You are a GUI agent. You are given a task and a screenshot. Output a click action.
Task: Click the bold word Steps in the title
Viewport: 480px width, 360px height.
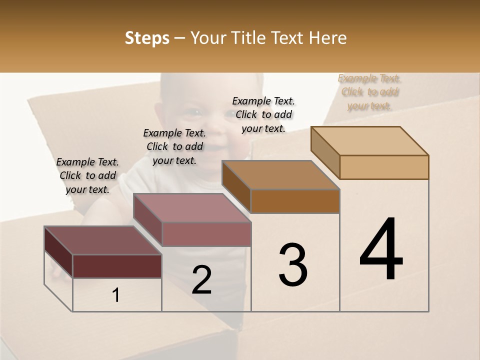[147, 38]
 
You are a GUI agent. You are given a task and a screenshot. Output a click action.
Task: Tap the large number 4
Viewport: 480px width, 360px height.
[381, 250]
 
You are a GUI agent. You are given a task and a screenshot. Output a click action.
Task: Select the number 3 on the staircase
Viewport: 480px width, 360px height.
[293, 265]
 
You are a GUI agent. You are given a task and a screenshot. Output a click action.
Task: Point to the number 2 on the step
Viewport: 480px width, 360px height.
[201, 280]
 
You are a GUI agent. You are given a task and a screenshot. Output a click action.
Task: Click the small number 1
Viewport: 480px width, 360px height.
[116, 295]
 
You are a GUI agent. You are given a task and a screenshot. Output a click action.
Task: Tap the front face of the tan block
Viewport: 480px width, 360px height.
[384, 167]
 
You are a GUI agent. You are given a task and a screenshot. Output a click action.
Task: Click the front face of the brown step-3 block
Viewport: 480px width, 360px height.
[295, 201]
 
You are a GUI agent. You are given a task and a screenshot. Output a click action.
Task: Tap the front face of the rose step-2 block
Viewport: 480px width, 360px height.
[206, 234]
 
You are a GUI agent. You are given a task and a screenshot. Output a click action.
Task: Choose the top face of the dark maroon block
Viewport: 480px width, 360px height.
[103, 240]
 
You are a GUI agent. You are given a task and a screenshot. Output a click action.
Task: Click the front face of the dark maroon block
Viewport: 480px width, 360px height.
[117, 266]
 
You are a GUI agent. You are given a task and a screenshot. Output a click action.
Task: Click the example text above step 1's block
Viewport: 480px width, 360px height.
[87, 175]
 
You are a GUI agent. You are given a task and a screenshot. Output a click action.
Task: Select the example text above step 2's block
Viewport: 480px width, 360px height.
[174, 146]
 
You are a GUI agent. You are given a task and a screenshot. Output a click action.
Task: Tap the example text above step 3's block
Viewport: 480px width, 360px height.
[263, 114]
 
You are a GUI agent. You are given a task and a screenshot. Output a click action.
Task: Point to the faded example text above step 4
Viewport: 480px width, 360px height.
[369, 92]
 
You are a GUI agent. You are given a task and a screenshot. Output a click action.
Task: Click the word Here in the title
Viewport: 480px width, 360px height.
[328, 38]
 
